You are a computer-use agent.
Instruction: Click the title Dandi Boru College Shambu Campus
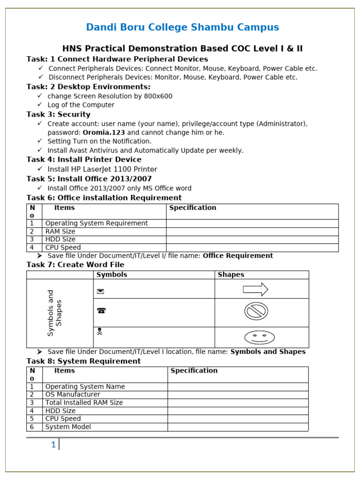(x=182, y=27)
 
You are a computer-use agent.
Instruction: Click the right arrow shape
(x=255, y=290)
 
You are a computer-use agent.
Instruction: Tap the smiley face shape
(x=259, y=337)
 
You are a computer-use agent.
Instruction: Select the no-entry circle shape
(x=256, y=311)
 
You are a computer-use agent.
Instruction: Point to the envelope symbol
(x=100, y=292)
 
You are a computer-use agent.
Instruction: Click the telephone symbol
(x=101, y=310)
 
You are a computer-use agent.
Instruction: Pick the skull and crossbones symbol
(x=99, y=332)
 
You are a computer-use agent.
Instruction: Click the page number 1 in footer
(x=53, y=445)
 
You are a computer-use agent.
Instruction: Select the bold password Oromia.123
(x=104, y=133)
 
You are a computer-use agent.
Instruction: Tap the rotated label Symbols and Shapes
(x=55, y=313)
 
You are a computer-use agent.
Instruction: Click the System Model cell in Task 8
(x=68, y=427)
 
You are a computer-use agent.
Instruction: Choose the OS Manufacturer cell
(x=73, y=395)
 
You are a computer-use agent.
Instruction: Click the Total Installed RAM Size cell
(x=84, y=403)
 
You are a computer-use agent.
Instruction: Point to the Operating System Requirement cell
(x=97, y=224)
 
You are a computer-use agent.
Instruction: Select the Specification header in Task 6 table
(x=193, y=208)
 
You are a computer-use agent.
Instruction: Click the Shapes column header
(x=231, y=275)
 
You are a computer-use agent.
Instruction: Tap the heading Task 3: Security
(x=59, y=114)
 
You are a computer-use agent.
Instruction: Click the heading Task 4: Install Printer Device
(x=84, y=159)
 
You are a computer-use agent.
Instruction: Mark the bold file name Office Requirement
(x=238, y=256)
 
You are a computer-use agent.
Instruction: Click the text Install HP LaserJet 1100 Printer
(x=102, y=169)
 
